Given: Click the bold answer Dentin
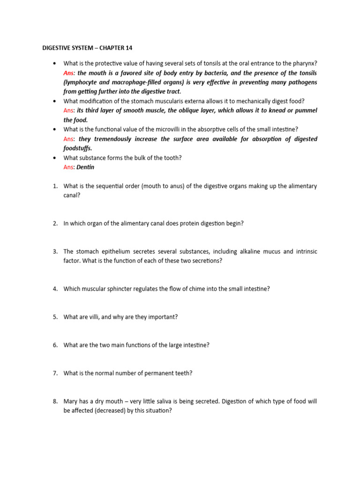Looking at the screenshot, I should pyautogui.click(x=85, y=167).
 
